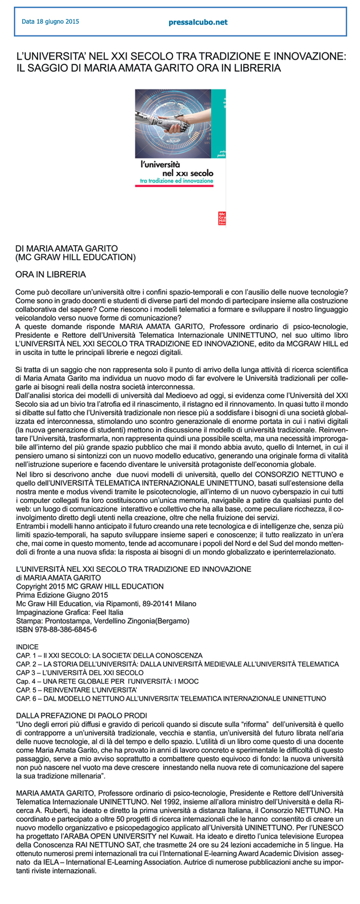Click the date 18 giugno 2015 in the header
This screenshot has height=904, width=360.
50,22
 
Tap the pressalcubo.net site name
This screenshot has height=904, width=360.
198,22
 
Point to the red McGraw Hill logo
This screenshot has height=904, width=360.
223,218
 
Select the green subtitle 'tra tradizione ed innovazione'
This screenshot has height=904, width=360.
176,181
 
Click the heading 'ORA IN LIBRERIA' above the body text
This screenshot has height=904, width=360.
50,275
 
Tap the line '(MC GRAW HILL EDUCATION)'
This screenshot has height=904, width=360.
76,257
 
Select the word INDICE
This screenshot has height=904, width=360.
27,647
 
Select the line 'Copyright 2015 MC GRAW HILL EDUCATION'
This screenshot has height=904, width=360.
90,586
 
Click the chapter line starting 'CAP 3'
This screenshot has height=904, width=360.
80,673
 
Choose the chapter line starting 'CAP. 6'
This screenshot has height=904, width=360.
171,698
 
